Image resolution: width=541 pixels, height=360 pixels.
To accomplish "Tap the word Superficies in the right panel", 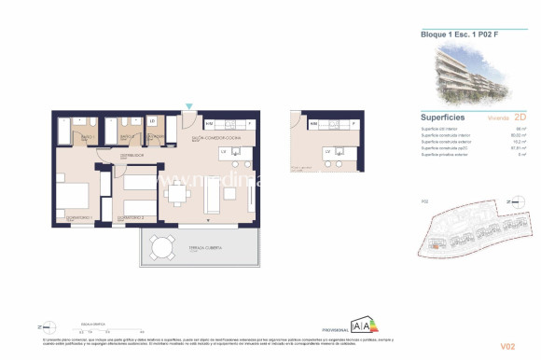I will (442, 118).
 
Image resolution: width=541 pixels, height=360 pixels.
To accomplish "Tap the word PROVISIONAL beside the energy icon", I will (333, 329).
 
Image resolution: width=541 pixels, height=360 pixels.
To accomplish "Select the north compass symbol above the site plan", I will (509, 201).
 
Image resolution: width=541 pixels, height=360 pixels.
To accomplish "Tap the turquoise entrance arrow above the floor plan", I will (190, 111).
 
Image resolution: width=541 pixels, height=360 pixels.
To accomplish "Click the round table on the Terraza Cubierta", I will (162, 248).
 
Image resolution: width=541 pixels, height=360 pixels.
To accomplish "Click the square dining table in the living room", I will (176, 194).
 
